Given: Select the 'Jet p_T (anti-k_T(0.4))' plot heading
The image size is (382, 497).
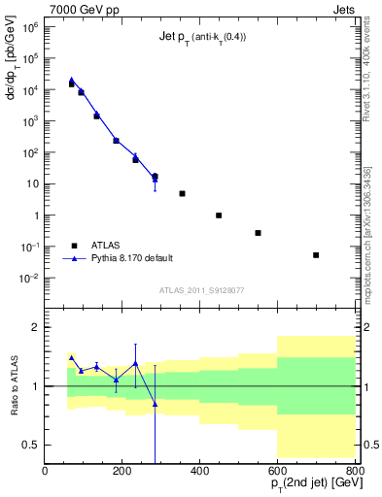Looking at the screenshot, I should (x=202, y=38).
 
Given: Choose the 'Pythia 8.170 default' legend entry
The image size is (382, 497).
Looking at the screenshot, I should (x=131, y=258).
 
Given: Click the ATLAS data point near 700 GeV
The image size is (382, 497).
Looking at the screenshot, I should (x=316, y=255).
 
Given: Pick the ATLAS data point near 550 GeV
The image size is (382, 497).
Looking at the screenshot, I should (x=258, y=233).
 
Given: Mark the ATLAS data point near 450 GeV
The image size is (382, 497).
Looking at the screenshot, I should (x=219, y=215).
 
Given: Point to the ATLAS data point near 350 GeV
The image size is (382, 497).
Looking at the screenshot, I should (x=182, y=193).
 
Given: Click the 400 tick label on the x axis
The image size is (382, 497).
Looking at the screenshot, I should (x=199, y=471).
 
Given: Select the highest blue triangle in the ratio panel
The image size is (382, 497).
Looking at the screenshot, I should (x=71, y=358).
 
